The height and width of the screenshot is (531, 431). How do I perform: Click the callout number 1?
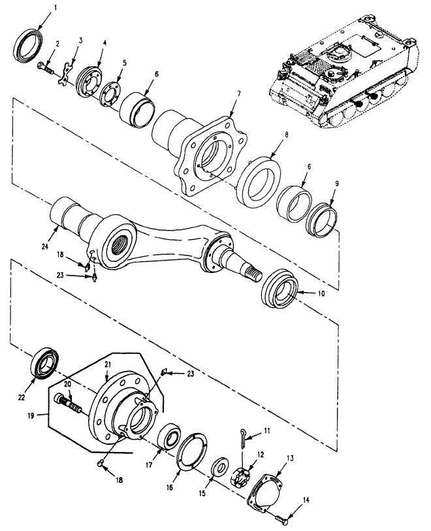pos(51,6)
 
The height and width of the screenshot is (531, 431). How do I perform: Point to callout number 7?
pos(238,93)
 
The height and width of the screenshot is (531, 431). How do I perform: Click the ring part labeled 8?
pos(259,182)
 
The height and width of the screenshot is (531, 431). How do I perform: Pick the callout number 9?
pos(336,184)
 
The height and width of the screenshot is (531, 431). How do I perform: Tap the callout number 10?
pos(321,293)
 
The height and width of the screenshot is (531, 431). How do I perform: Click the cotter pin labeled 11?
pos(244,439)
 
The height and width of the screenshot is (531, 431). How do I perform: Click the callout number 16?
pos(169,487)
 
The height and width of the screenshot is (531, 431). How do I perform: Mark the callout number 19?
pos(31,415)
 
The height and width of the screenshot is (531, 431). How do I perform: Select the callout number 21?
pos(108,364)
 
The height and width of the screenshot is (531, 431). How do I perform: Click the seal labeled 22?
pos(44,363)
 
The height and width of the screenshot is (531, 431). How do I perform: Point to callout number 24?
pos(45,246)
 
